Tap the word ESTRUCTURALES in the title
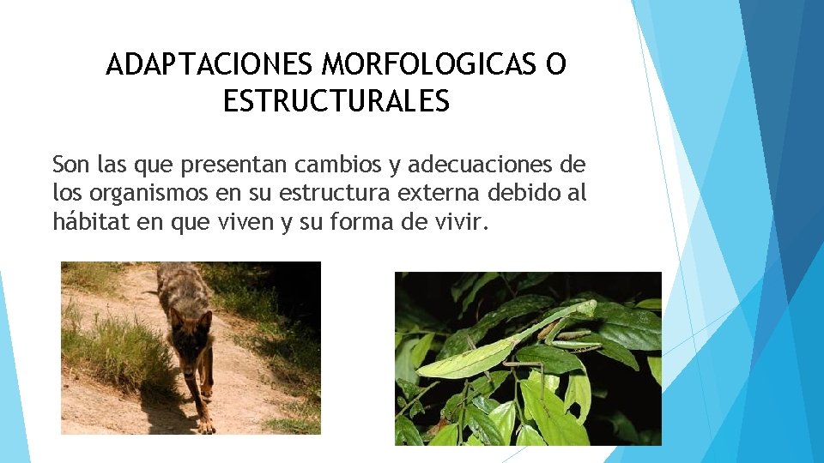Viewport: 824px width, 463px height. (336, 102)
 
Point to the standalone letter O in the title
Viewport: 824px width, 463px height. (556, 65)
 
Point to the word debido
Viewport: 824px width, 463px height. (516, 193)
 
